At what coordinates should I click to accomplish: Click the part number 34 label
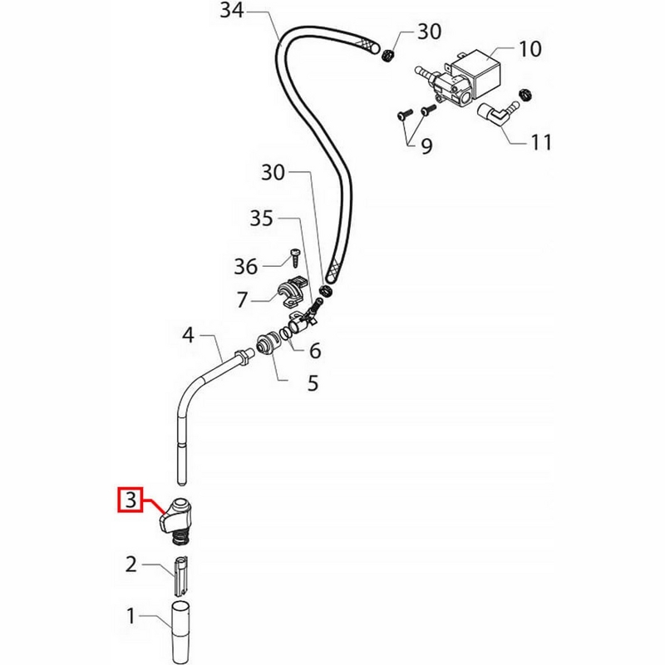[x=232, y=11]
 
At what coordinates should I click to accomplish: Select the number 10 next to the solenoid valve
[x=530, y=49]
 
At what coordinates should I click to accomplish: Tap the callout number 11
[x=541, y=142]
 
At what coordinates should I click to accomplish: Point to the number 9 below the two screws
[x=426, y=146]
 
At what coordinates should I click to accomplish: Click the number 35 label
[x=261, y=219]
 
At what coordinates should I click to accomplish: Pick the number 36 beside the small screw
[x=246, y=267]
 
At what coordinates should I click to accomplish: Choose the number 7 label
[x=242, y=300]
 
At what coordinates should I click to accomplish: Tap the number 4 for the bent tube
[x=189, y=335]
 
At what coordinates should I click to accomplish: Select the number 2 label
[x=131, y=564]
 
